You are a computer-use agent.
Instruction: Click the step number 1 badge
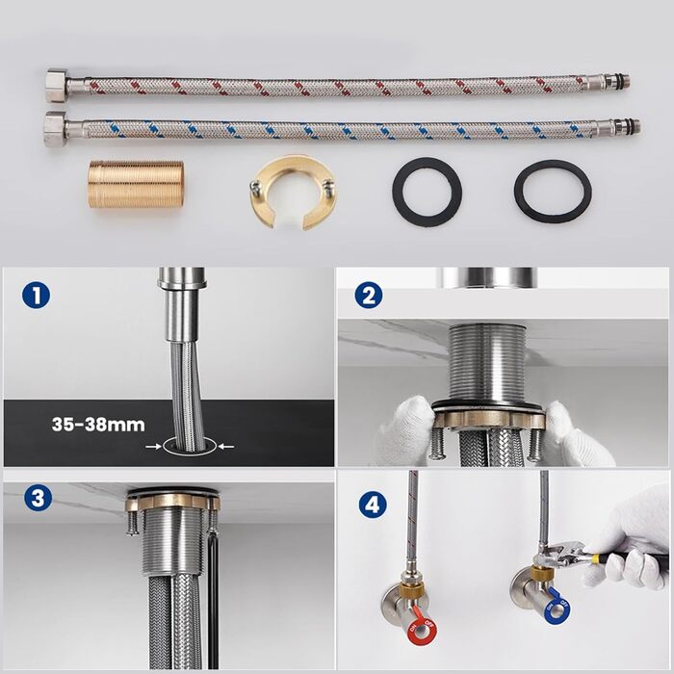(x=37, y=296)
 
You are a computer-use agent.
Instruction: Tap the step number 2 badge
(x=369, y=296)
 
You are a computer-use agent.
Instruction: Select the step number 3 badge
(x=38, y=499)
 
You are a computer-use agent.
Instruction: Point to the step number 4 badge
(x=373, y=505)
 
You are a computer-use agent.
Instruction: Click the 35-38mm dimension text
(x=98, y=425)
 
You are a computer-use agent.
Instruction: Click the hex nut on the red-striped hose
(x=56, y=85)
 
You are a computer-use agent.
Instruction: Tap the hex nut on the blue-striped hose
(x=55, y=129)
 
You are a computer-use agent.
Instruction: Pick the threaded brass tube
(x=136, y=185)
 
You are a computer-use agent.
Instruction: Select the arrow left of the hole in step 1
(x=153, y=447)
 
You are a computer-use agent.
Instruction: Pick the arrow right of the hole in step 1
(x=226, y=447)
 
